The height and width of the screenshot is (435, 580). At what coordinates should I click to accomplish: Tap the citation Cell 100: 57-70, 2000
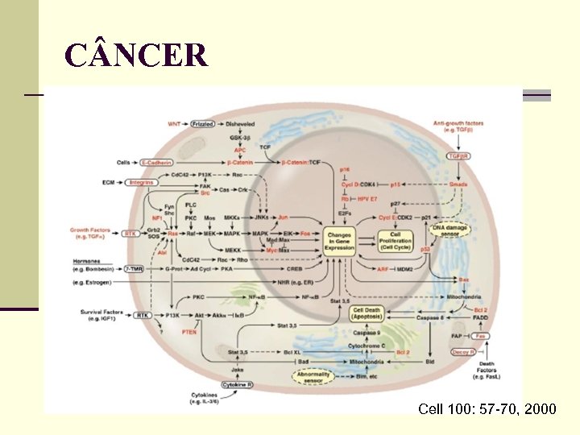487,409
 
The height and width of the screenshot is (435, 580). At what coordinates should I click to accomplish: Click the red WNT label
174,124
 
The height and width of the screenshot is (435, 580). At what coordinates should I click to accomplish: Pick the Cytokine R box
238,386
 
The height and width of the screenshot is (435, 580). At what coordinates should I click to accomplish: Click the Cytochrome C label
367,346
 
